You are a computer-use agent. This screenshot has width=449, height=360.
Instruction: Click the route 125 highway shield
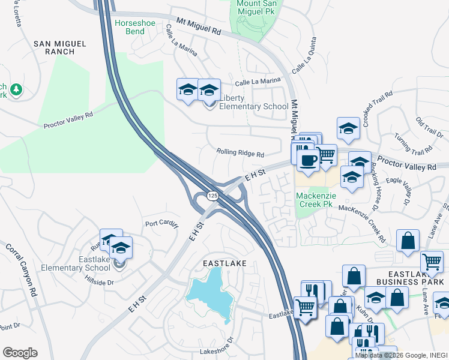213,196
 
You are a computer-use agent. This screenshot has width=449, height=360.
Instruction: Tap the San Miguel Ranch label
60,47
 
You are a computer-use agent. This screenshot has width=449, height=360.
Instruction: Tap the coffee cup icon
308,161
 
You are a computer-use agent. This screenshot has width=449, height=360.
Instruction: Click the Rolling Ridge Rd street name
240,154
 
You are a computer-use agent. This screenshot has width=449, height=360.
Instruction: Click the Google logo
20,353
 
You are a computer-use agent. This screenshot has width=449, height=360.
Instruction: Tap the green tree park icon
16,90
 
